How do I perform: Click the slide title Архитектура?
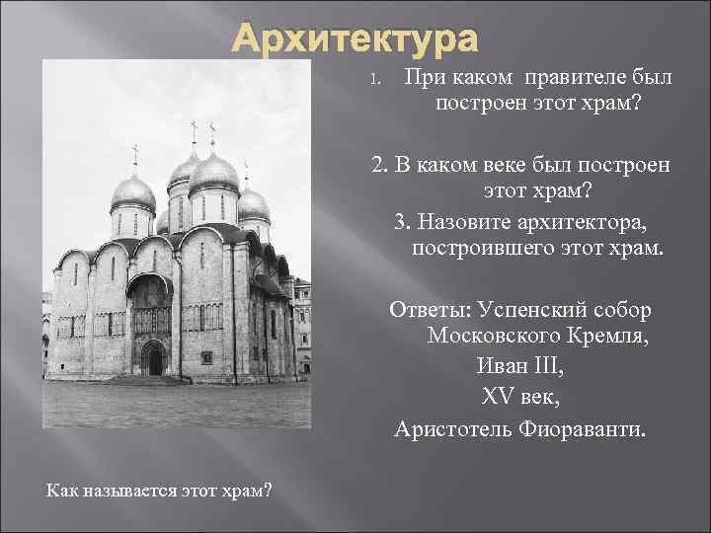click(355, 40)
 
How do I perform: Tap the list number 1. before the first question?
click(374, 79)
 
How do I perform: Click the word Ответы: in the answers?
click(430, 310)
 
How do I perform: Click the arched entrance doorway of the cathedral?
click(154, 357)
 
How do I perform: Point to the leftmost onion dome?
click(134, 192)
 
